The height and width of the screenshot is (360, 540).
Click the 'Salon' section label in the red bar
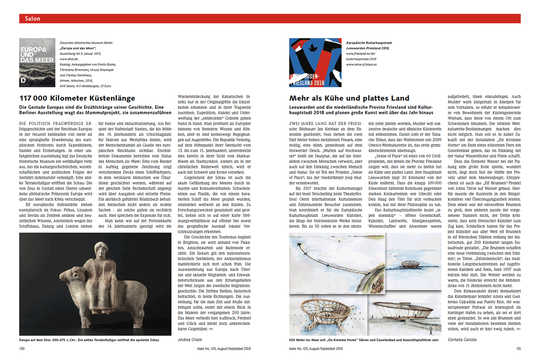click(32, 19)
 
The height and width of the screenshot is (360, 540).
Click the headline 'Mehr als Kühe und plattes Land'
click(349, 98)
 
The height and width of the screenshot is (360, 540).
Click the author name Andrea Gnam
click(190, 340)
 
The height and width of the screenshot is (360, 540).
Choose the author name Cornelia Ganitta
click(463, 340)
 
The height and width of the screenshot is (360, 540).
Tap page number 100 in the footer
click(22, 349)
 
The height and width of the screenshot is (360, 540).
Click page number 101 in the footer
click(518, 349)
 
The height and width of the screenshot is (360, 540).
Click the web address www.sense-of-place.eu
click(362, 64)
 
